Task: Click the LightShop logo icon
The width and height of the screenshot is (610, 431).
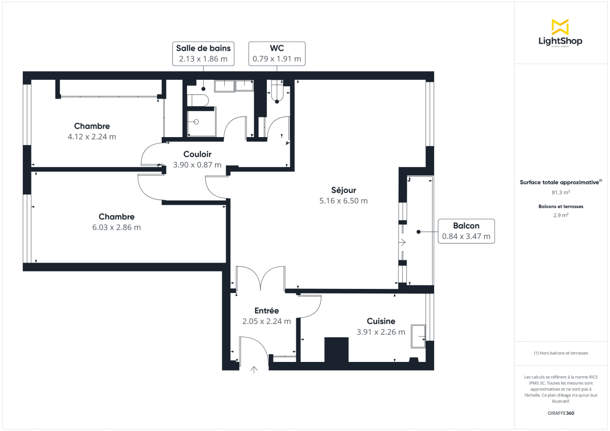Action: pos(560,27)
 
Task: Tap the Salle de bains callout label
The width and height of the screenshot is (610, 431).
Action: pos(203,53)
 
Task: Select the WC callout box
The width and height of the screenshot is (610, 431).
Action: pos(277,53)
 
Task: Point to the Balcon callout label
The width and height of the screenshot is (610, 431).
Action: pos(466,231)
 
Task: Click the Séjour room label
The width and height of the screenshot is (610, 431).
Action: pos(344,190)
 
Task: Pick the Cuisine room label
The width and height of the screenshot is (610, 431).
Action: pos(381,321)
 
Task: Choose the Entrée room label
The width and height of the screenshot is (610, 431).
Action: pos(266,311)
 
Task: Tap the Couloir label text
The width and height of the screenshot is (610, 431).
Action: pos(197,154)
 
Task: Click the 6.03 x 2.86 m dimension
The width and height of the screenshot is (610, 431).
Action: pos(117,227)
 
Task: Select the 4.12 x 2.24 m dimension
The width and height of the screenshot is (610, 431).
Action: pos(92,137)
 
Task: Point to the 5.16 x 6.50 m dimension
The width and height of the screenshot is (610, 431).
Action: pos(343,201)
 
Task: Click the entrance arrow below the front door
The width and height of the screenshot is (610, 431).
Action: pos(254,370)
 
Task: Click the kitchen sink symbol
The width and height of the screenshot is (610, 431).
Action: pos(419,336)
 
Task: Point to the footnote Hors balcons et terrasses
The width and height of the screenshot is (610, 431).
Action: pos(561,353)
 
